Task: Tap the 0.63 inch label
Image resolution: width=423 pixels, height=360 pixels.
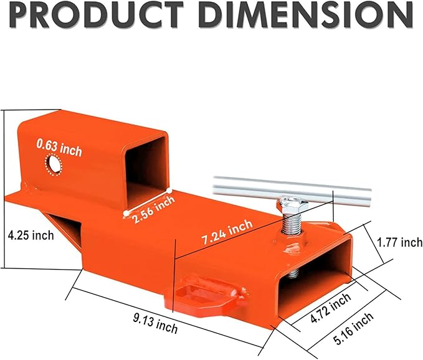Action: [59, 148]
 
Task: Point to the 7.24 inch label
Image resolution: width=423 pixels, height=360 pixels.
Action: [227, 232]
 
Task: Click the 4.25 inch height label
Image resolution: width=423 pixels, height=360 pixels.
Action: [31, 235]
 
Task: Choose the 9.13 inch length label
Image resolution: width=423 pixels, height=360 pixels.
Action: [155, 324]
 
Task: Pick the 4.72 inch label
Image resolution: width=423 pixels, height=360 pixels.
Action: [330, 308]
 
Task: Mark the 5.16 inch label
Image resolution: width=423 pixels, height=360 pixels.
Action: [353, 328]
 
